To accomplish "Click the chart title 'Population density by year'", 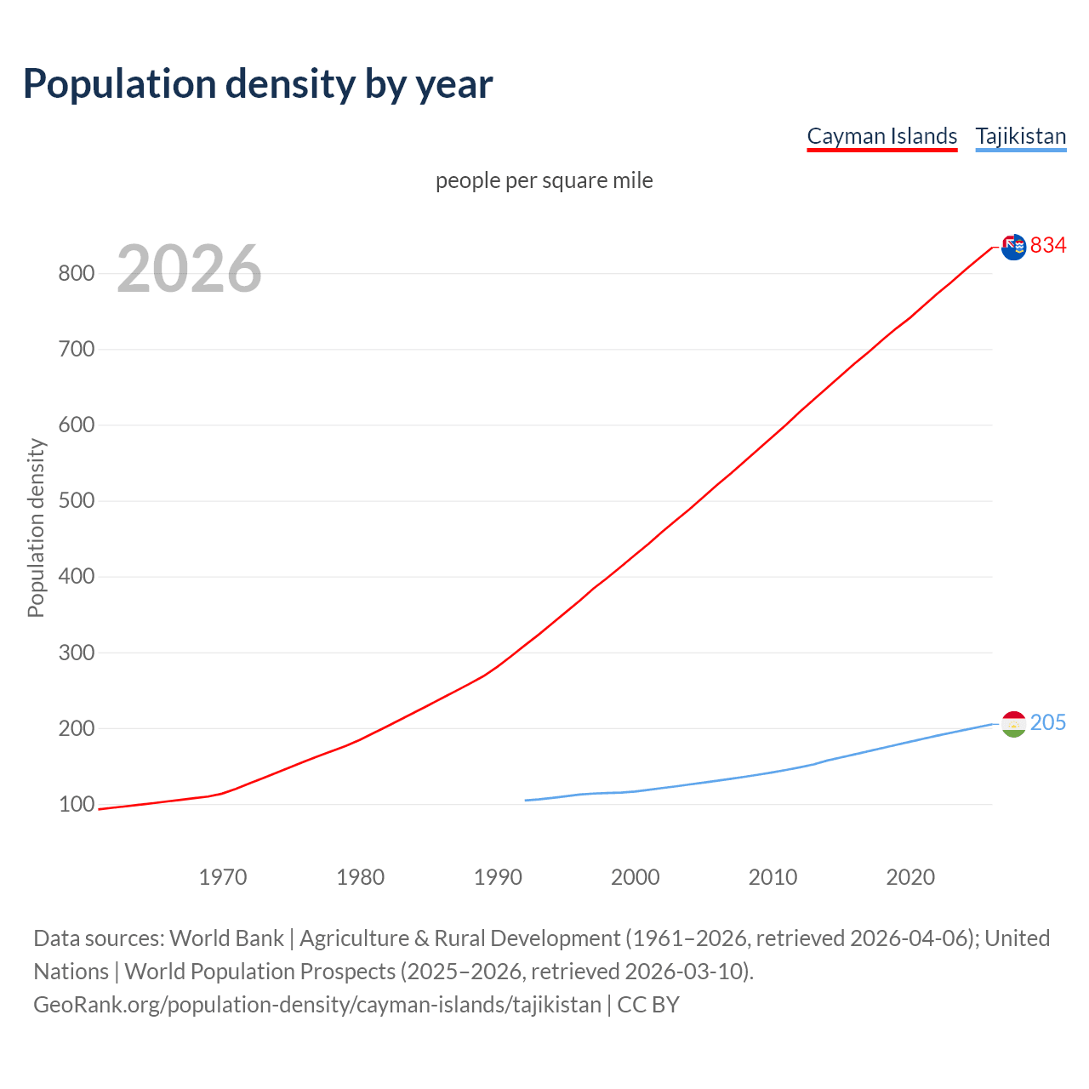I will click(x=258, y=83).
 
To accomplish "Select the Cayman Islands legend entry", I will click(x=881, y=136).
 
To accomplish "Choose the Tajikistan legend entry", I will click(x=1020, y=136).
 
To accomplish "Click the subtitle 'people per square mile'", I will click(x=544, y=180).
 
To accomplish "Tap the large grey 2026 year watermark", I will click(x=189, y=269).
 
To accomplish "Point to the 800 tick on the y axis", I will click(x=76, y=273).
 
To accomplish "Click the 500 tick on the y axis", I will click(x=76, y=500).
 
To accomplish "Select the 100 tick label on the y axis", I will click(x=76, y=804).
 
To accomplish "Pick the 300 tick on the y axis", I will click(x=76, y=653).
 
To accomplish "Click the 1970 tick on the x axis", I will click(x=223, y=876).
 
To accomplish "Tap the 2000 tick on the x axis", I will click(x=636, y=876).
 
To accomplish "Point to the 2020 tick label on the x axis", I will click(x=910, y=876).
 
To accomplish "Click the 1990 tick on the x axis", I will click(x=498, y=876).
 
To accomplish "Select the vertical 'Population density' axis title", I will click(x=36, y=527).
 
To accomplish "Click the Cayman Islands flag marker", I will click(x=1013, y=247).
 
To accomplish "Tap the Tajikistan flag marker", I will click(x=1013, y=724).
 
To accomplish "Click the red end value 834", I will click(x=1048, y=246).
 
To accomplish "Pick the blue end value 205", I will click(x=1048, y=722).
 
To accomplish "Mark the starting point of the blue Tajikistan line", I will click(x=526, y=800).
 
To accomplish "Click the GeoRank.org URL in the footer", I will click(x=317, y=1004).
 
